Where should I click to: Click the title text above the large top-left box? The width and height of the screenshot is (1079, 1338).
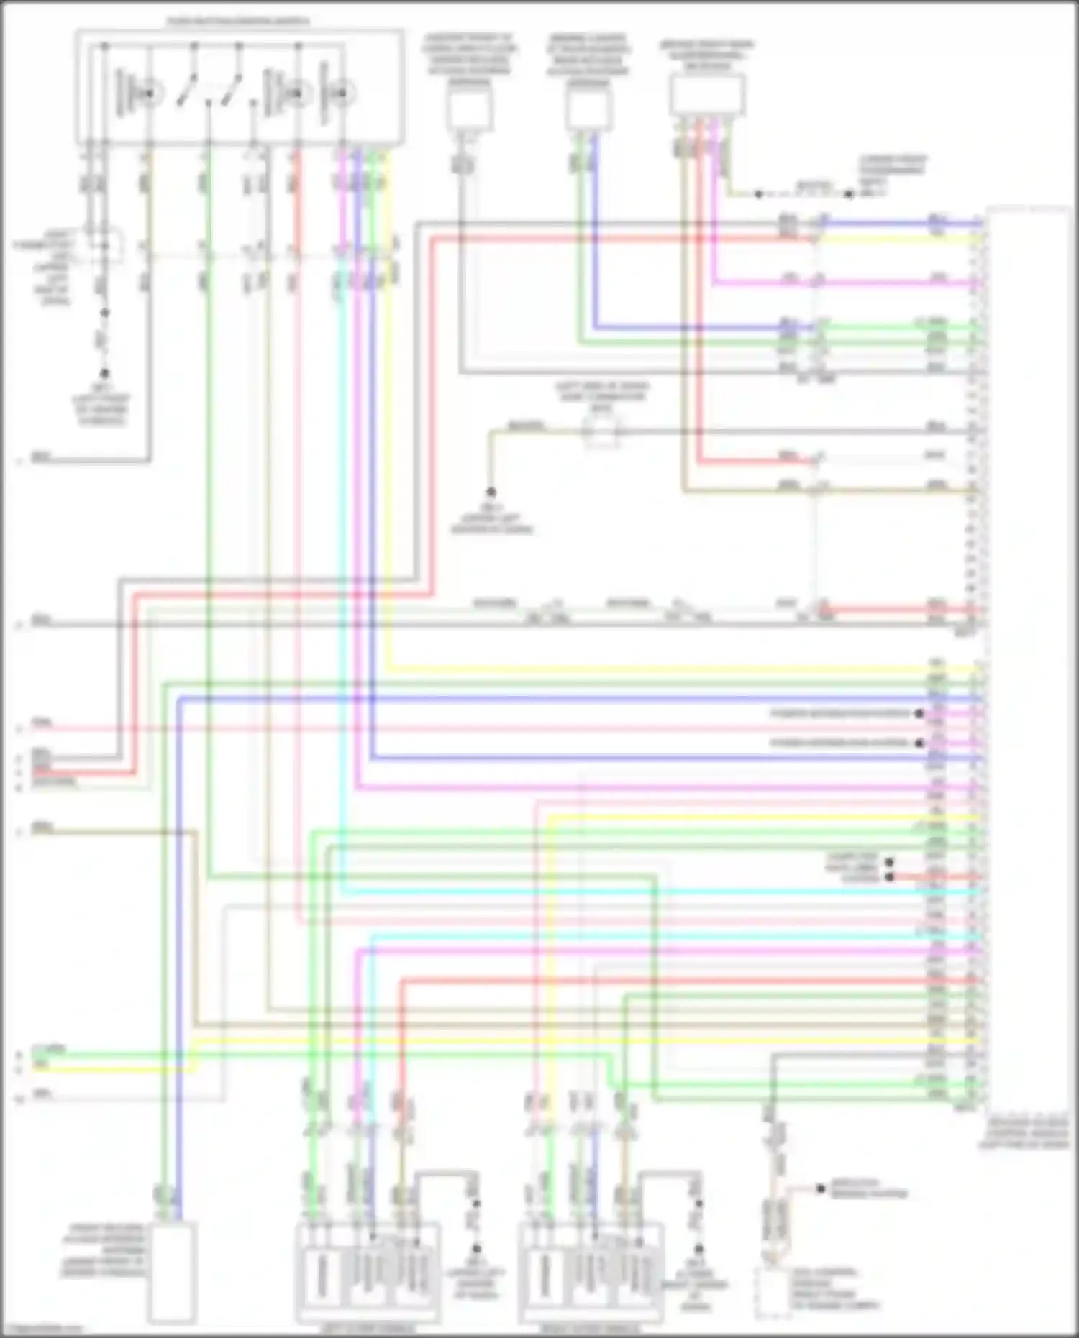coord(238,22)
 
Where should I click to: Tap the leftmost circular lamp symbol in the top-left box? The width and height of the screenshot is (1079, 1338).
coord(149,93)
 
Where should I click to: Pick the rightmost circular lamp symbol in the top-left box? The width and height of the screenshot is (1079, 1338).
coord(342,93)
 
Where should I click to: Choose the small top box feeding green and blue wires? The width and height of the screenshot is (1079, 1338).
coord(588,110)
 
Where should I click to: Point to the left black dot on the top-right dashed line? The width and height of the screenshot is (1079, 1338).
coord(758,194)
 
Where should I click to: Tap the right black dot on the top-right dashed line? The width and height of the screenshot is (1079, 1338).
coord(849,194)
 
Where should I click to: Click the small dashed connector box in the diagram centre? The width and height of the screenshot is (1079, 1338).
coord(601,432)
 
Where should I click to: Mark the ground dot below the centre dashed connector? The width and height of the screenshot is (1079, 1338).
coord(491,492)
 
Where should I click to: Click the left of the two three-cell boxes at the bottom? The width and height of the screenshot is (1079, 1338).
coord(368,1273)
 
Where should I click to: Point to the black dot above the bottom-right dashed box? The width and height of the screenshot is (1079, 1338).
coord(820,1189)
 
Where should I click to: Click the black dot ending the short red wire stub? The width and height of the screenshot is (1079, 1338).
coord(889,877)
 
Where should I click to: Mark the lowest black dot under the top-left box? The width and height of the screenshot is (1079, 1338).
coord(104,374)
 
